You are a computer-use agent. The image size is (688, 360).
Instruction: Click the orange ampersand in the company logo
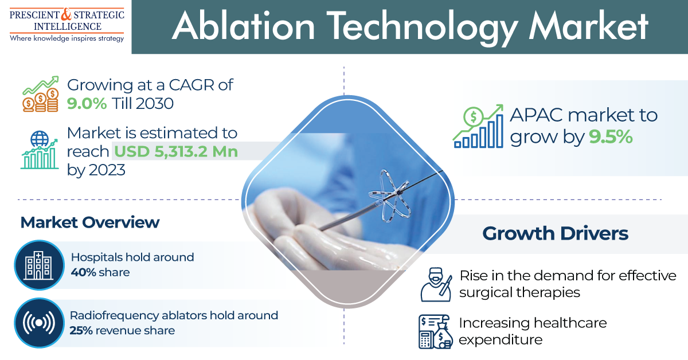tap(67, 14)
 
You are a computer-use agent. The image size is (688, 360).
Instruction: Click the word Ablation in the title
tap(243, 26)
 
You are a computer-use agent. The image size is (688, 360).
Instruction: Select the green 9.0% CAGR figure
tap(87, 104)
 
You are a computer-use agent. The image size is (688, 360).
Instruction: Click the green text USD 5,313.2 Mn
tap(176, 151)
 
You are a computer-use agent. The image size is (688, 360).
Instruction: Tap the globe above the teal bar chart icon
tap(40, 139)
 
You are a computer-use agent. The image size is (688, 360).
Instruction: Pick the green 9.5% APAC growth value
tap(611, 137)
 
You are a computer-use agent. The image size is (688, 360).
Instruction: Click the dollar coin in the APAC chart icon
tap(474, 116)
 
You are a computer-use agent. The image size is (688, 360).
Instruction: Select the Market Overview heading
tap(89, 222)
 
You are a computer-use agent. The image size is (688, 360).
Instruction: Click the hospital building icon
tap(39, 265)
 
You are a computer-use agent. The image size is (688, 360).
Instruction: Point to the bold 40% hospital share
tap(83, 272)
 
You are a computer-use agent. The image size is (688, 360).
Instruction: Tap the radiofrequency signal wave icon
tap(39, 323)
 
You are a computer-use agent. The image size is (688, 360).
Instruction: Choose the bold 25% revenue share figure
tap(81, 331)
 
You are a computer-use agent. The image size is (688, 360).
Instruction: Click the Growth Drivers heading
tap(556, 233)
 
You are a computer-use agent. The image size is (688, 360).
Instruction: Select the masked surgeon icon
tap(436, 284)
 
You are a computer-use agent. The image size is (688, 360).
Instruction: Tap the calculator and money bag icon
tap(436, 332)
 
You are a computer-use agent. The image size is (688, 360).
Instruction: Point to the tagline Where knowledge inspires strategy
tap(67, 38)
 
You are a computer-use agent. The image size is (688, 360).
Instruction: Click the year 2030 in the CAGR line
tap(154, 104)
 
